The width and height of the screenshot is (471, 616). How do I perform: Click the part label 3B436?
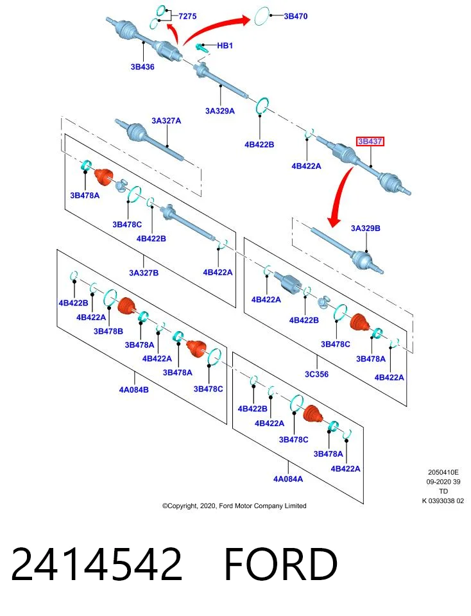coord(142,67)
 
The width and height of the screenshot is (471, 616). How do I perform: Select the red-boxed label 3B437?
coord(370,141)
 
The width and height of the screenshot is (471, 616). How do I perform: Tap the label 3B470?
coord(296,16)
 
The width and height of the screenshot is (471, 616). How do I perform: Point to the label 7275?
coord(187,16)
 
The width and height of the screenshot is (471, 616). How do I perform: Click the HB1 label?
coord(225,46)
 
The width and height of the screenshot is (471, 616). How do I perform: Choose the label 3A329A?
coord(220,111)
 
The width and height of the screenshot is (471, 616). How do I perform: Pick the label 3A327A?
coord(167,121)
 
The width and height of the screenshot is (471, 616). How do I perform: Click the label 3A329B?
coord(365,228)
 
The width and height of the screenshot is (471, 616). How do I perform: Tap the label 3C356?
coord(316,374)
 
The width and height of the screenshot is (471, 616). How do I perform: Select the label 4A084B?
coord(134,389)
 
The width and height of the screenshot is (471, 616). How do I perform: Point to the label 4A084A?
coord(288,479)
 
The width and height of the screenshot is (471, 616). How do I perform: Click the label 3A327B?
coord(144,272)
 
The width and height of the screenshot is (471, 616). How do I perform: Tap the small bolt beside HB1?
coord(201,48)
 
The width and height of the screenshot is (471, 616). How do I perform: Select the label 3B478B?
coord(108,331)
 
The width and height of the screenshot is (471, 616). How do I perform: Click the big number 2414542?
coord(97,564)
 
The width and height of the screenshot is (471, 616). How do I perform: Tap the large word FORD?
coord(281,564)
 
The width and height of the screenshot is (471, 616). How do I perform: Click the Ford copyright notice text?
coord(234,506)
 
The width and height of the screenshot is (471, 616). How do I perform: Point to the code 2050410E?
coord(443,472)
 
